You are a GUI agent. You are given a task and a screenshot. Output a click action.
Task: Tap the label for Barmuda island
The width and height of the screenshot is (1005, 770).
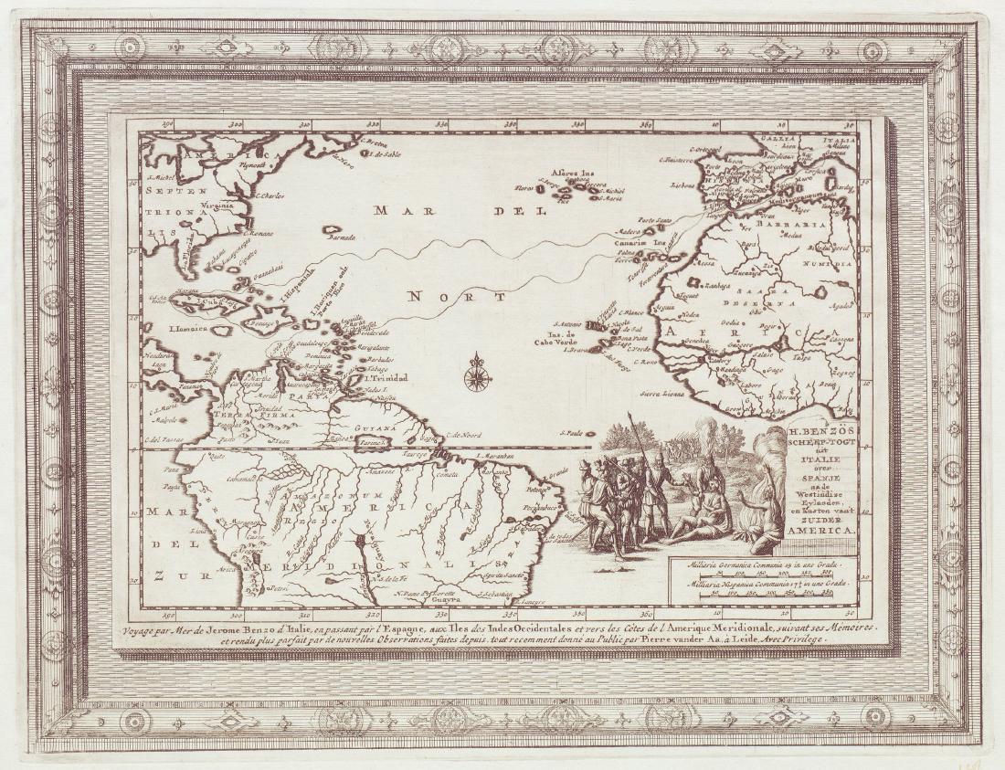pyautogui.click(x=341, y=237)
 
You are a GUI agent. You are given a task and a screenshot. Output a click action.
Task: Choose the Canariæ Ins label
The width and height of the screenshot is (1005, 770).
pyautogui.click(x=645, y=243)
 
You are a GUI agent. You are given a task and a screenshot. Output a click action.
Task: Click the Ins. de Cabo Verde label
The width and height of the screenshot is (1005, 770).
pyautogui.click(x=559, y=339)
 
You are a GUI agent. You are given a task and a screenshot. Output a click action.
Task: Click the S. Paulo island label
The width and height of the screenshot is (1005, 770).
pyautogui.click(x=573, y=432)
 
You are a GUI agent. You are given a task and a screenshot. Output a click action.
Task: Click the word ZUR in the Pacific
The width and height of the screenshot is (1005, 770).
pyautogui.click(x=163, y=576)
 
